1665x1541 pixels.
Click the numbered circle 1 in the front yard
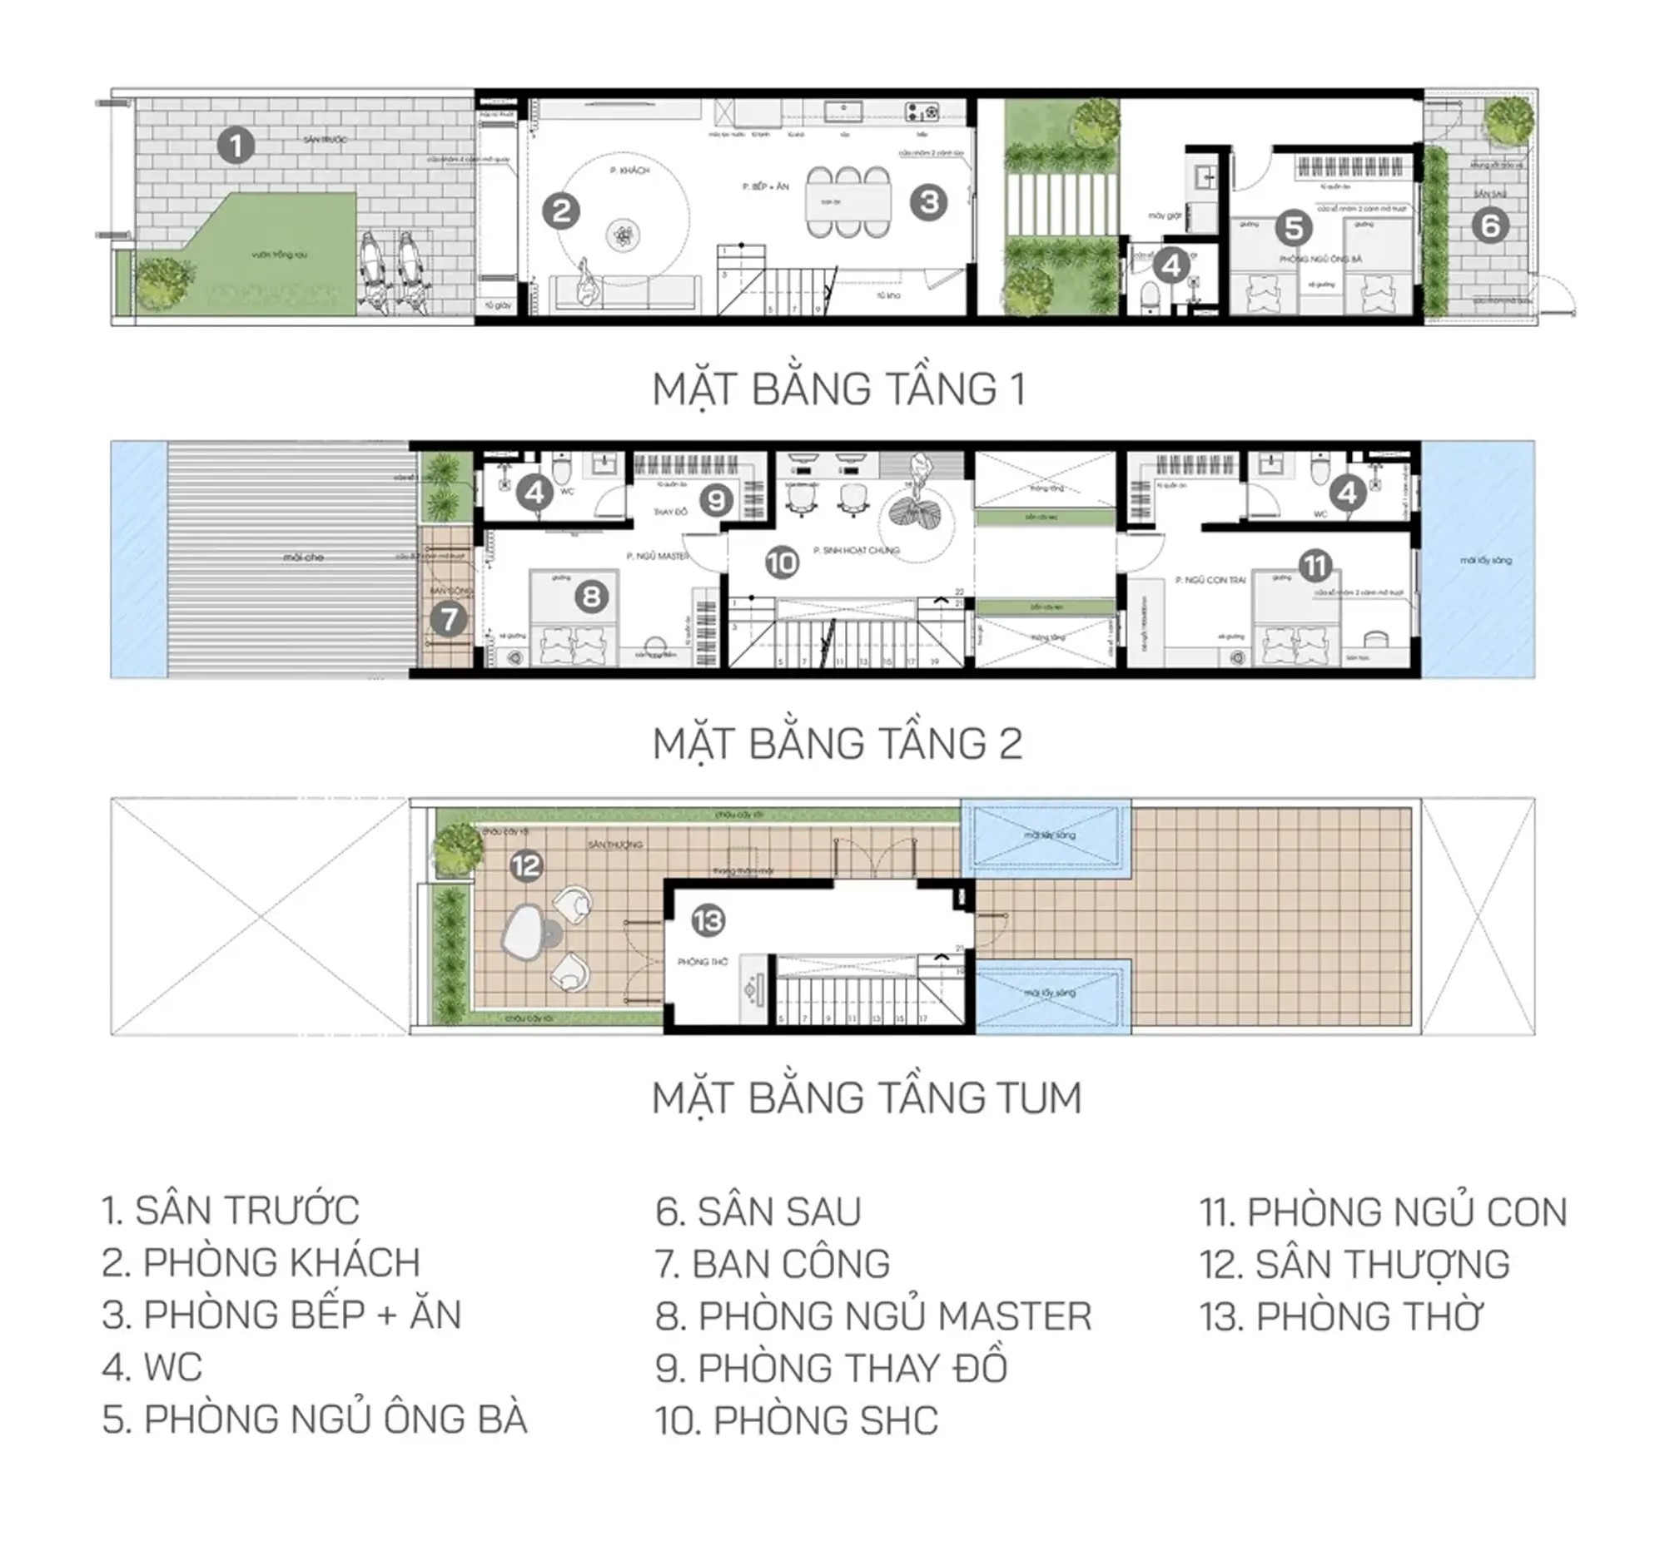click(x=236, y=146)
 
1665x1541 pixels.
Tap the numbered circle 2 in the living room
click(x=560, y=211)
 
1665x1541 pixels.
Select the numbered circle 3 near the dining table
click(x=928, y=202)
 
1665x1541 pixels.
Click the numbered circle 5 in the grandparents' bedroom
click(x=1293, y=228)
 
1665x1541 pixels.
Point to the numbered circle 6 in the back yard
click(x=1491, y=225)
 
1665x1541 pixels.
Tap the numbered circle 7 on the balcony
click(x=449, y=619)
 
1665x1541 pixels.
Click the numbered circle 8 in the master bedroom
click(x=591, y=597)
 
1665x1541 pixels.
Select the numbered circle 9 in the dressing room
click(x=716, y=500)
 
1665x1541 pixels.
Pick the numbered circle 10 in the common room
click(x=782, y=562)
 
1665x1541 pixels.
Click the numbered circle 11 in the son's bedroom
click(x=1315, y=566)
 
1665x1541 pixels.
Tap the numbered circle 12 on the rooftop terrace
click(x=526, y=865)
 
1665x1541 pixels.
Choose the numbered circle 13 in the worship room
click(x=708, y=920)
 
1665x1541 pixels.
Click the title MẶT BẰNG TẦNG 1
click(x=838, y=389)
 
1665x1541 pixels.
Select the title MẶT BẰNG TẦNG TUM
click(x=866, y=1098)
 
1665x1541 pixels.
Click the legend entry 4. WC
click(x=152, y=1368)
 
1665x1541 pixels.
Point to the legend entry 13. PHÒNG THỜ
click(x=1340, y=1316)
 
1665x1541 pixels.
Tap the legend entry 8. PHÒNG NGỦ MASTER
click(x=872, y=1316)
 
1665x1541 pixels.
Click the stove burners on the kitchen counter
click(x=921, y=110)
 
